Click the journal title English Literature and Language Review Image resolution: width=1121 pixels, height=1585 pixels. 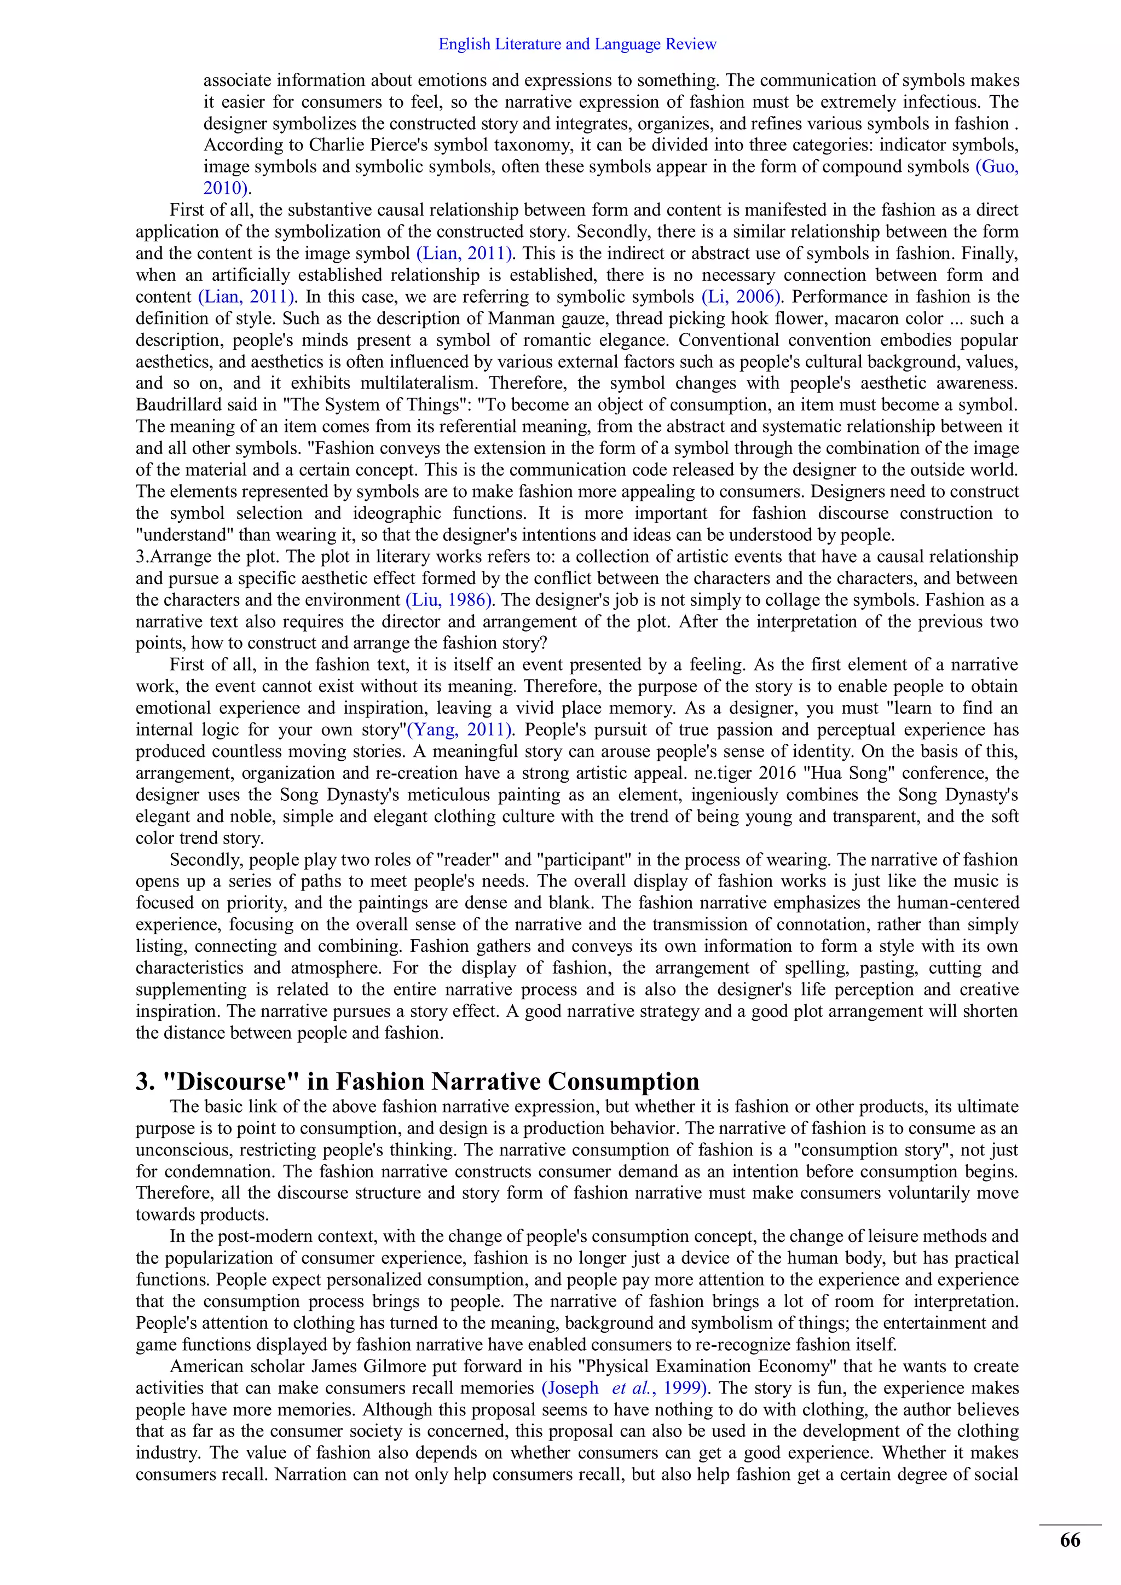point(577,45)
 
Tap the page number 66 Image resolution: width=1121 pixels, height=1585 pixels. point(1070,1540)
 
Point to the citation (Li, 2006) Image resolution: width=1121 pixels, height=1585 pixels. point(741,297)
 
